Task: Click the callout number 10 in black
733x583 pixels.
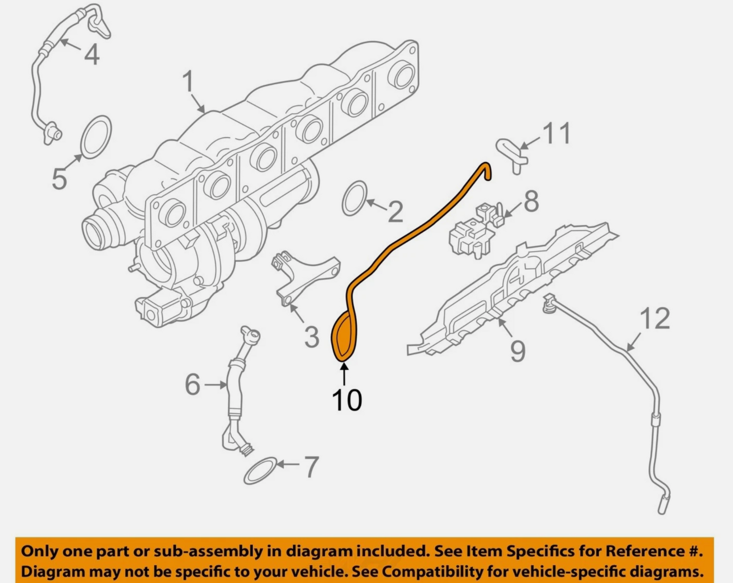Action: click(x=347, y=400)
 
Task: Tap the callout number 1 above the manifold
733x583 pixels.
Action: click(x=188, y=82)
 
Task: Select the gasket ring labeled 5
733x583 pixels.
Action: click(x=96, y=137)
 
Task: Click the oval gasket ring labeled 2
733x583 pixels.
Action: click(x=355, y=198)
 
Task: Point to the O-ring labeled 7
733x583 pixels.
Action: click(x=261, y=471)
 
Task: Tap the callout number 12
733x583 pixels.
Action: click(x=655, y=319)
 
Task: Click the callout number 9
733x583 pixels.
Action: click(x=518, y=351)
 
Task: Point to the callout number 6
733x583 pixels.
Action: click(x=193, y=384)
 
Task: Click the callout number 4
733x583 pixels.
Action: click(x=91, y=55)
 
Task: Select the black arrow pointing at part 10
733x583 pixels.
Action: click(x=344, y=375)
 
